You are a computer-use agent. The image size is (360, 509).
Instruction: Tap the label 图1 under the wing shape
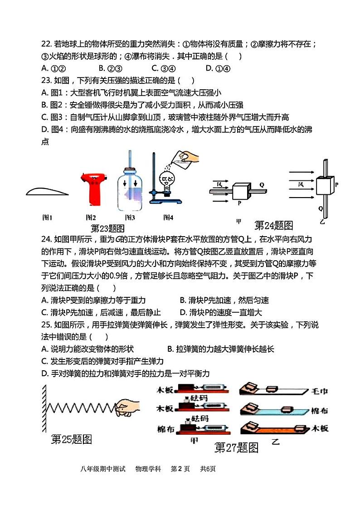[48, 217]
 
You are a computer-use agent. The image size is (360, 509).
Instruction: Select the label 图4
[168, 217]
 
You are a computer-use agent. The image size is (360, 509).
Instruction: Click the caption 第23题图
[107, 228]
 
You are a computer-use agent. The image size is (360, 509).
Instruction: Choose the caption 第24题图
[273, 225]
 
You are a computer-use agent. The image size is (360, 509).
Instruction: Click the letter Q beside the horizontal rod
[262, 185]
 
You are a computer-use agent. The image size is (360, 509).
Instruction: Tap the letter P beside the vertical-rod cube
[336, 185]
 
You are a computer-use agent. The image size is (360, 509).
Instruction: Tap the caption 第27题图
[236, 448]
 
